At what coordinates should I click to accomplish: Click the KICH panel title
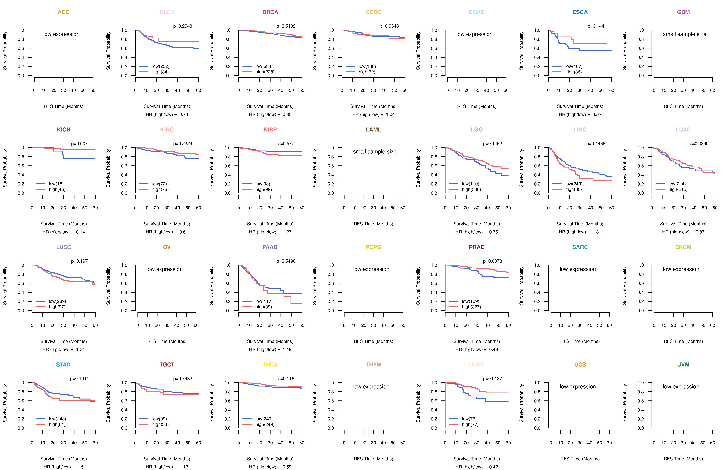(x=64, y=129)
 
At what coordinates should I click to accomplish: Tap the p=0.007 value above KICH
(x=79, y=144)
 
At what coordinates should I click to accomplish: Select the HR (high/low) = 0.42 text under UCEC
(x=477, y=467)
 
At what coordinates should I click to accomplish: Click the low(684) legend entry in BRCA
(x=264, y=66)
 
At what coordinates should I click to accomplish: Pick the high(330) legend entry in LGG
(x=472, y=189)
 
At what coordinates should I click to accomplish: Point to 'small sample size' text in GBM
(x=684, y=34)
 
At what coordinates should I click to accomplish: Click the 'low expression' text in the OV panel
(x=164, y=269)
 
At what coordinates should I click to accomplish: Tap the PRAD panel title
(x=477, y=247)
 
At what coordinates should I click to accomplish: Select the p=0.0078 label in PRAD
(x=492, y=261)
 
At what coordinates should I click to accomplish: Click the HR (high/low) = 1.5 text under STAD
(x=64, y=467)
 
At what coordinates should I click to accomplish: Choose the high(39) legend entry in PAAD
(x=264, y=307)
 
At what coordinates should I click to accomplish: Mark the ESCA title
(x=580, y=12)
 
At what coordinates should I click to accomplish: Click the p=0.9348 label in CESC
(x=389, y=26)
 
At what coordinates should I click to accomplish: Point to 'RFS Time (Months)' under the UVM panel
(x=683, y=459)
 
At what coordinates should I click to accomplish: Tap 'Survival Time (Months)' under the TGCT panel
(x=167, y=459)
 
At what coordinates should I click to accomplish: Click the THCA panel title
(x=270, y=365)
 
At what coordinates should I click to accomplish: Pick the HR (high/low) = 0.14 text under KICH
(x=64, y=232)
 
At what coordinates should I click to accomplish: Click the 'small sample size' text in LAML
(x=375, y=152)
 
